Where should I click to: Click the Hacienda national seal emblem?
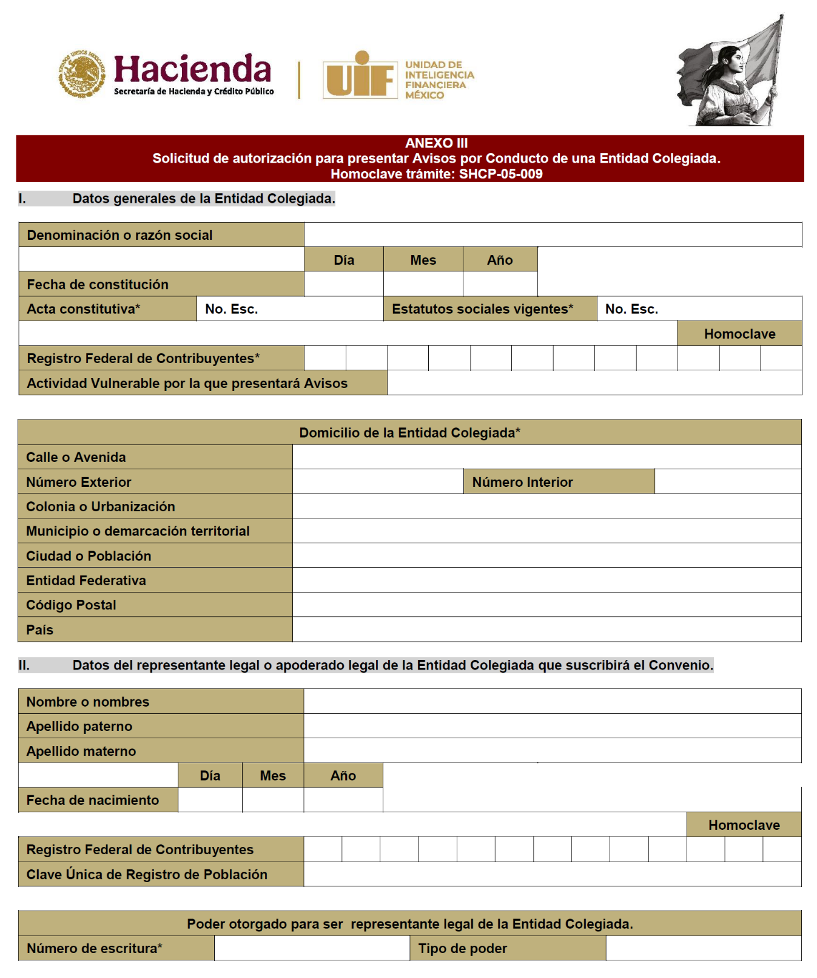81,74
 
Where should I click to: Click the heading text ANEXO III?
436,143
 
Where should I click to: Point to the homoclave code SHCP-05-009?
500,174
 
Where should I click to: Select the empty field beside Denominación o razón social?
553,235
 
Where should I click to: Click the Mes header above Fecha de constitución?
423,260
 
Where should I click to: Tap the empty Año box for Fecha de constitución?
500,284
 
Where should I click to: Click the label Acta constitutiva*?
84,309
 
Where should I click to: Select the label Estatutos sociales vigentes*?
482,309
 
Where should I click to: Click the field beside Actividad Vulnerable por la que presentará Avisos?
594,383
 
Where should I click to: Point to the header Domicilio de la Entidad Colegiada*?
409,433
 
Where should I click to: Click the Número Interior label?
522,482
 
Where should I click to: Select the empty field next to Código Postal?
546,605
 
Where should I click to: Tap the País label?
40,630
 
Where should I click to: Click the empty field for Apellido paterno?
552,726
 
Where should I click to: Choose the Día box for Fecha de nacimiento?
210,800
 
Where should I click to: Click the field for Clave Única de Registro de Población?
552,874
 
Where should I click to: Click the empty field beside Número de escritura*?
312,948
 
